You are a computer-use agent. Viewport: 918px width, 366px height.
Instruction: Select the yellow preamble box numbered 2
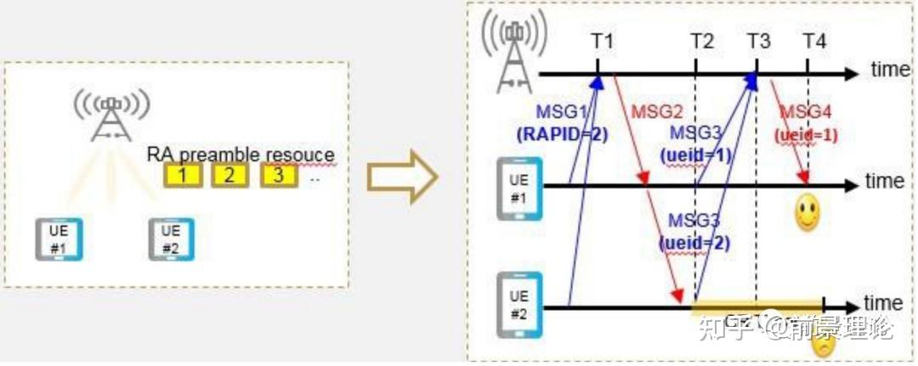pyautogui.click(x=228, y=177)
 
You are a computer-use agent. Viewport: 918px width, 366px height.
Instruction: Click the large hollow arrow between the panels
pyautogui.click(x=402, y=177)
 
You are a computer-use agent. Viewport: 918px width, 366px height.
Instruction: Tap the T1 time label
pyautogui.click(x=603, y=41)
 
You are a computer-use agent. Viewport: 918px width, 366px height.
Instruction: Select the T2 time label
pyautogui.click(x=702, y=41)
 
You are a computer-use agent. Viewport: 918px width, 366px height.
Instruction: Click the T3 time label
pyautogui.click(x=759, y=41)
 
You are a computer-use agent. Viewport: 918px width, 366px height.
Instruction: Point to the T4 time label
pyautogui.click(x=814, y=41)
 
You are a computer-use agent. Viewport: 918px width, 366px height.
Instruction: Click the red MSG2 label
pyautogui.click(x=658, y=113)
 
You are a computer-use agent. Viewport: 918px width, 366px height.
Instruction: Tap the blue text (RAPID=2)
pyautogui.click(x=563, y=133)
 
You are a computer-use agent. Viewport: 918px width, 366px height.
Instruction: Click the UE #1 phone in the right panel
pyautogui.click(x=519, y=189)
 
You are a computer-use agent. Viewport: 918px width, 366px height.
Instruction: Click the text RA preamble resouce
pyautogui.click(x=241, y=155)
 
